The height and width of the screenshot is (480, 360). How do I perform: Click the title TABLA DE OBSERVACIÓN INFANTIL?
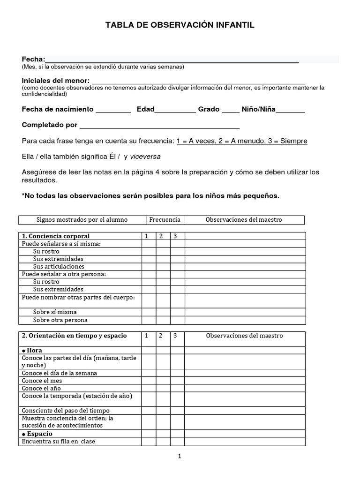tap(180, 25)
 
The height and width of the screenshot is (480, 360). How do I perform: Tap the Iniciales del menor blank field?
tap(198, 81)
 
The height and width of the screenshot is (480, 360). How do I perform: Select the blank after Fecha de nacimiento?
tap(113, 110)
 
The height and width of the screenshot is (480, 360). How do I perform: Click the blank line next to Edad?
tap(175, 110)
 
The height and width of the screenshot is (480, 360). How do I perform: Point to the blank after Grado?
tap(230, 110)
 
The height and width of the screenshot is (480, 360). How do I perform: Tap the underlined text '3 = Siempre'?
tap(287, 141)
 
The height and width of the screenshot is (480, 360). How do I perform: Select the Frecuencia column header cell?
tap(165, 220)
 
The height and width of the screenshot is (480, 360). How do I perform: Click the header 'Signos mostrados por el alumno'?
tap(82, 220)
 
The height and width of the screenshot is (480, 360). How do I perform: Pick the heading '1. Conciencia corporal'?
tap(56, 236)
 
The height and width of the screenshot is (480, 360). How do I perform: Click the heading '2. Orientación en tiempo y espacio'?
tap(74, 336)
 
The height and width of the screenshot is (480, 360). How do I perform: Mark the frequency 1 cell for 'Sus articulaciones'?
tap(149, 267)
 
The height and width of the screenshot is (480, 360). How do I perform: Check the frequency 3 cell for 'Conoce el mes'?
tap(177, 381)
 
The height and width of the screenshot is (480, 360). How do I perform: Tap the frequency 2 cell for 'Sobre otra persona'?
tap(163, 320)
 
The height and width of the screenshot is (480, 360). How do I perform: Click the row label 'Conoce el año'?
tap(42, 389)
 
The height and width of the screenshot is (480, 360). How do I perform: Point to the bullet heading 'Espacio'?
tap(37, 434)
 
